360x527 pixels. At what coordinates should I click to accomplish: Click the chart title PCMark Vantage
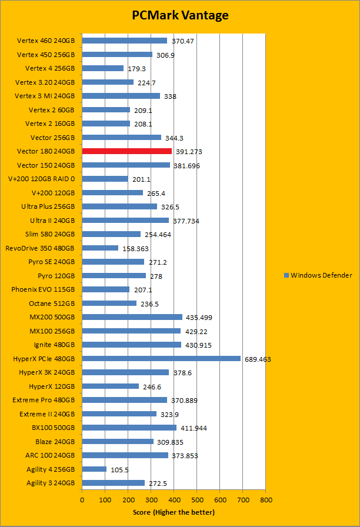coord(180,16)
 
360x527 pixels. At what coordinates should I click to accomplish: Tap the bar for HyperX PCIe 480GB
coord(161,358)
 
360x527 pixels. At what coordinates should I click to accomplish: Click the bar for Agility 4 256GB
coord(94,469)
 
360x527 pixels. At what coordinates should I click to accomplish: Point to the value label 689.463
coord(257,359)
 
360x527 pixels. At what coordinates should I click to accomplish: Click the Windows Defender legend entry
coord(318,275)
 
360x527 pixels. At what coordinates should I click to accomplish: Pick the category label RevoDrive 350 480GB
coord(40,248)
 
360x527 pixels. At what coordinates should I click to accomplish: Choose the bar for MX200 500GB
coord(132,317)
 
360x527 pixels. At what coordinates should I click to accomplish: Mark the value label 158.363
coord(135,248)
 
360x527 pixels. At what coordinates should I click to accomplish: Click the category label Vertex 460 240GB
coord(46,41)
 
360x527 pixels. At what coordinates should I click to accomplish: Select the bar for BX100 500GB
coord(129,428)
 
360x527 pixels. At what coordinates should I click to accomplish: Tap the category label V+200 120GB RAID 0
coord(42,179)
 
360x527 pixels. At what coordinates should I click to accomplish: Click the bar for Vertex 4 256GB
coord(102,68)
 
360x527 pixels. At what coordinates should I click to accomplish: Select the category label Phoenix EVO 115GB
coord(43,289)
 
